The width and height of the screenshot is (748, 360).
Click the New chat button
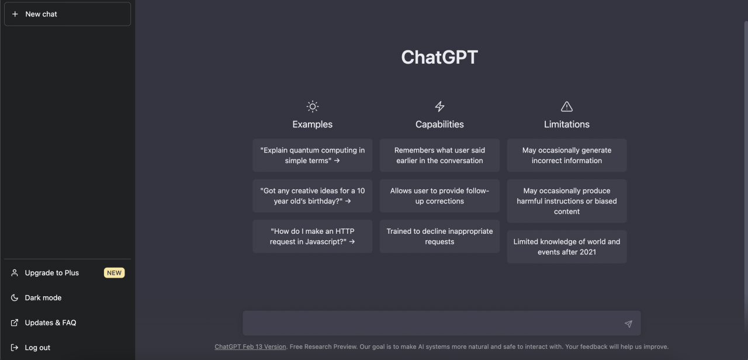67,14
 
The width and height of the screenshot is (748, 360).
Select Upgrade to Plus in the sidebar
52,273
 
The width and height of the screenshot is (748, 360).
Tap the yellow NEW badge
114,273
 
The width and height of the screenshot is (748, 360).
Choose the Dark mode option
43,297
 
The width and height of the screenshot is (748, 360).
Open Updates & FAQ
50,323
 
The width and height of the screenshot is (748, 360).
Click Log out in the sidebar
37,348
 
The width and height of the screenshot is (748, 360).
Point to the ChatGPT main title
439,57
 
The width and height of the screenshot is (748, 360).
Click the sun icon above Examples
313,106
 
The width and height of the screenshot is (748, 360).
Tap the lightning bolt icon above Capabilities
439,106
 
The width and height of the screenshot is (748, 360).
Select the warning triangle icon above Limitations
567,106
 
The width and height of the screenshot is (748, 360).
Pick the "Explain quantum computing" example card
312,155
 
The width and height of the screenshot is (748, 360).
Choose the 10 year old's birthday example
312,196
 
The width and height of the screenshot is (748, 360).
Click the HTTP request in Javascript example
312,236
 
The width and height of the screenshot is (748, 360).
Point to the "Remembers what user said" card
439,155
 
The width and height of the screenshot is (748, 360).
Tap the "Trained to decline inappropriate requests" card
439,236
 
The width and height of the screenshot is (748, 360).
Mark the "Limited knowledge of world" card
567,247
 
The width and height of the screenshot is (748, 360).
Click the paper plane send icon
628,324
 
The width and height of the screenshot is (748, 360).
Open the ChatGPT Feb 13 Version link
250,347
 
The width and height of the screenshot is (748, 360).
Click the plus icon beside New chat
15,14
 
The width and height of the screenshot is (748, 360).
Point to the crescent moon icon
15,297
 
